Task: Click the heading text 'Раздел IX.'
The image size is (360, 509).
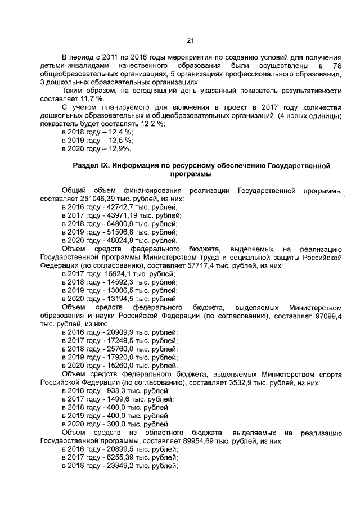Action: tap(91, 166)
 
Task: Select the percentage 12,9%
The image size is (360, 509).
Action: tap(118, 148)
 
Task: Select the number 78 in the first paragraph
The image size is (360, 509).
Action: tap(337, 65)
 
